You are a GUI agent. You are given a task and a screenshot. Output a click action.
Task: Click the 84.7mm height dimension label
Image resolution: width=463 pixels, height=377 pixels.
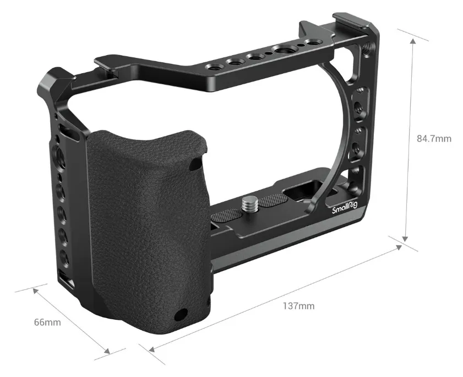coord(433,138)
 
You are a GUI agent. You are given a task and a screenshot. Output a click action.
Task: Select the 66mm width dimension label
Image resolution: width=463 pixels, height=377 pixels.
coord(47,322)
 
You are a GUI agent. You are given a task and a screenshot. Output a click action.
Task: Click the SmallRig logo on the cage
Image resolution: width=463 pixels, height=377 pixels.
coord(344,209)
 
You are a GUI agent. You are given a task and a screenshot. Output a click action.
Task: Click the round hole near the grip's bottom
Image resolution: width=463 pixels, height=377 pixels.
coord(179,315)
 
